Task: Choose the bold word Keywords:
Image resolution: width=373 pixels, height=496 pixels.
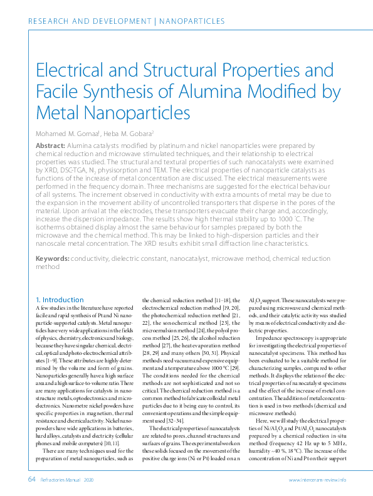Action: (x=52, y=258)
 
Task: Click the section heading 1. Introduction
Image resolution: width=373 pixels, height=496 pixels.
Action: (x=60, y=300)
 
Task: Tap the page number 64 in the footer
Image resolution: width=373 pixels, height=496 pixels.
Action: (x=31, y=479)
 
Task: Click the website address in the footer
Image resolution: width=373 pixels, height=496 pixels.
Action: (x=317, y=480)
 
